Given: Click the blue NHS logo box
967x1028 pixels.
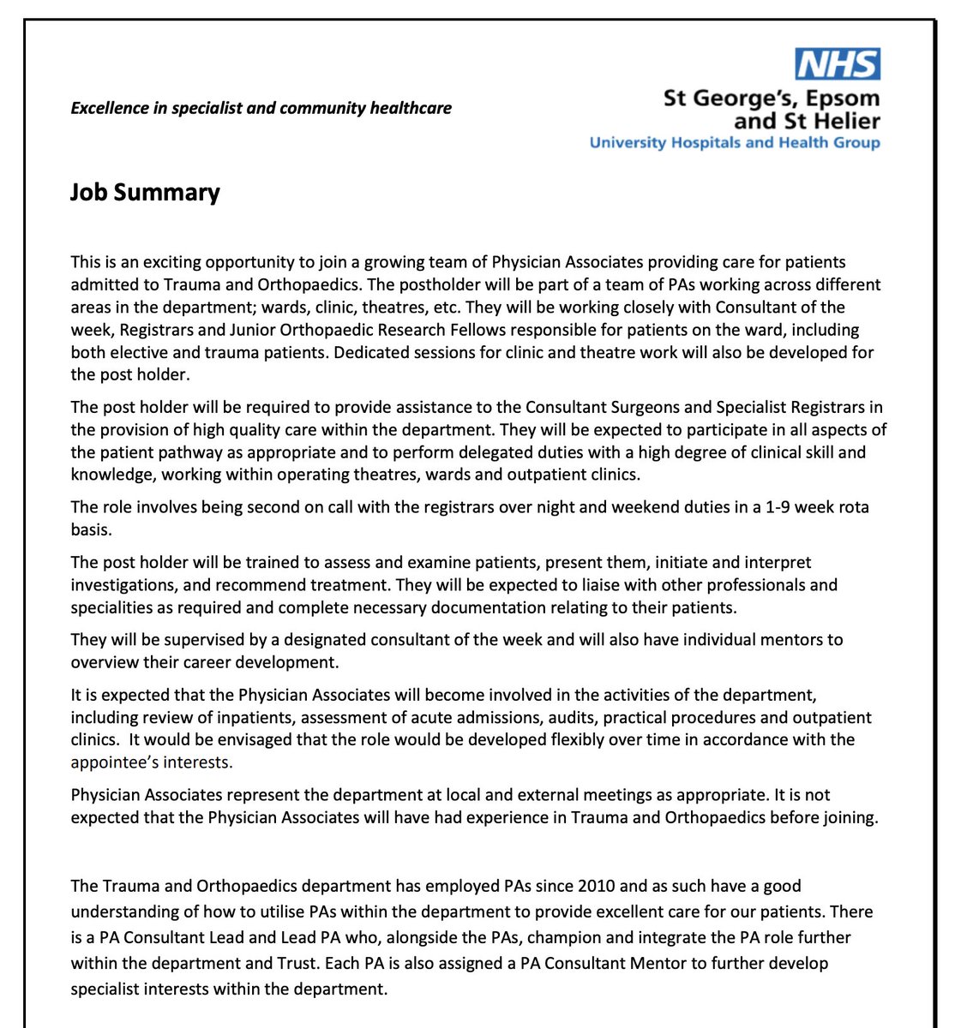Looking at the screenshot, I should (838, 64).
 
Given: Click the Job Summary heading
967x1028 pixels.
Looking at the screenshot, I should (145, 192).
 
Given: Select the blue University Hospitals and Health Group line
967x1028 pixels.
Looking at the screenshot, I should (734, 142).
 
